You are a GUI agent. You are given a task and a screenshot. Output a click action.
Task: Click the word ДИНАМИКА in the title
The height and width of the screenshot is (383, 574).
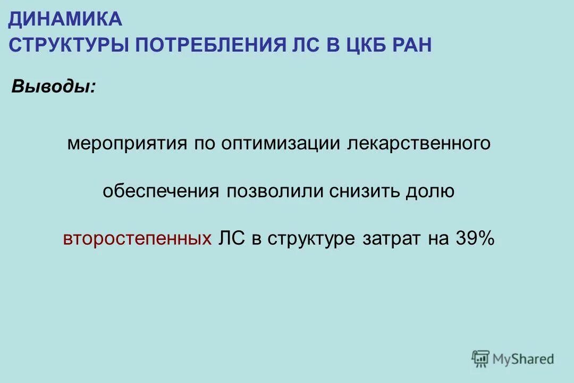click(65, 20)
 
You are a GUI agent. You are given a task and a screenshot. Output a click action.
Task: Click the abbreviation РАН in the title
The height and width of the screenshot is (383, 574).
click(412, 45)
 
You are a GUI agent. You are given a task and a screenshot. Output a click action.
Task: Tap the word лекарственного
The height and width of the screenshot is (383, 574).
click(418, 144)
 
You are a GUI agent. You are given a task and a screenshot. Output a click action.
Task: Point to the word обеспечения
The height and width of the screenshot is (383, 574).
click(161, 191)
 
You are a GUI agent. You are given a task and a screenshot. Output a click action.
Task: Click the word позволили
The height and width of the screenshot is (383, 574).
click(275, 191)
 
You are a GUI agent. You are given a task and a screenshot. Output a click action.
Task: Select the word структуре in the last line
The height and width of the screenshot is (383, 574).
click(311, 239)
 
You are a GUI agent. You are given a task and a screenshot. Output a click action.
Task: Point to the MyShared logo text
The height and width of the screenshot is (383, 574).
click(523, 359)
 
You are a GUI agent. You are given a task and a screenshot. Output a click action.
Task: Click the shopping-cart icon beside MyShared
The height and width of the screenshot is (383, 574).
click(480, 359)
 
